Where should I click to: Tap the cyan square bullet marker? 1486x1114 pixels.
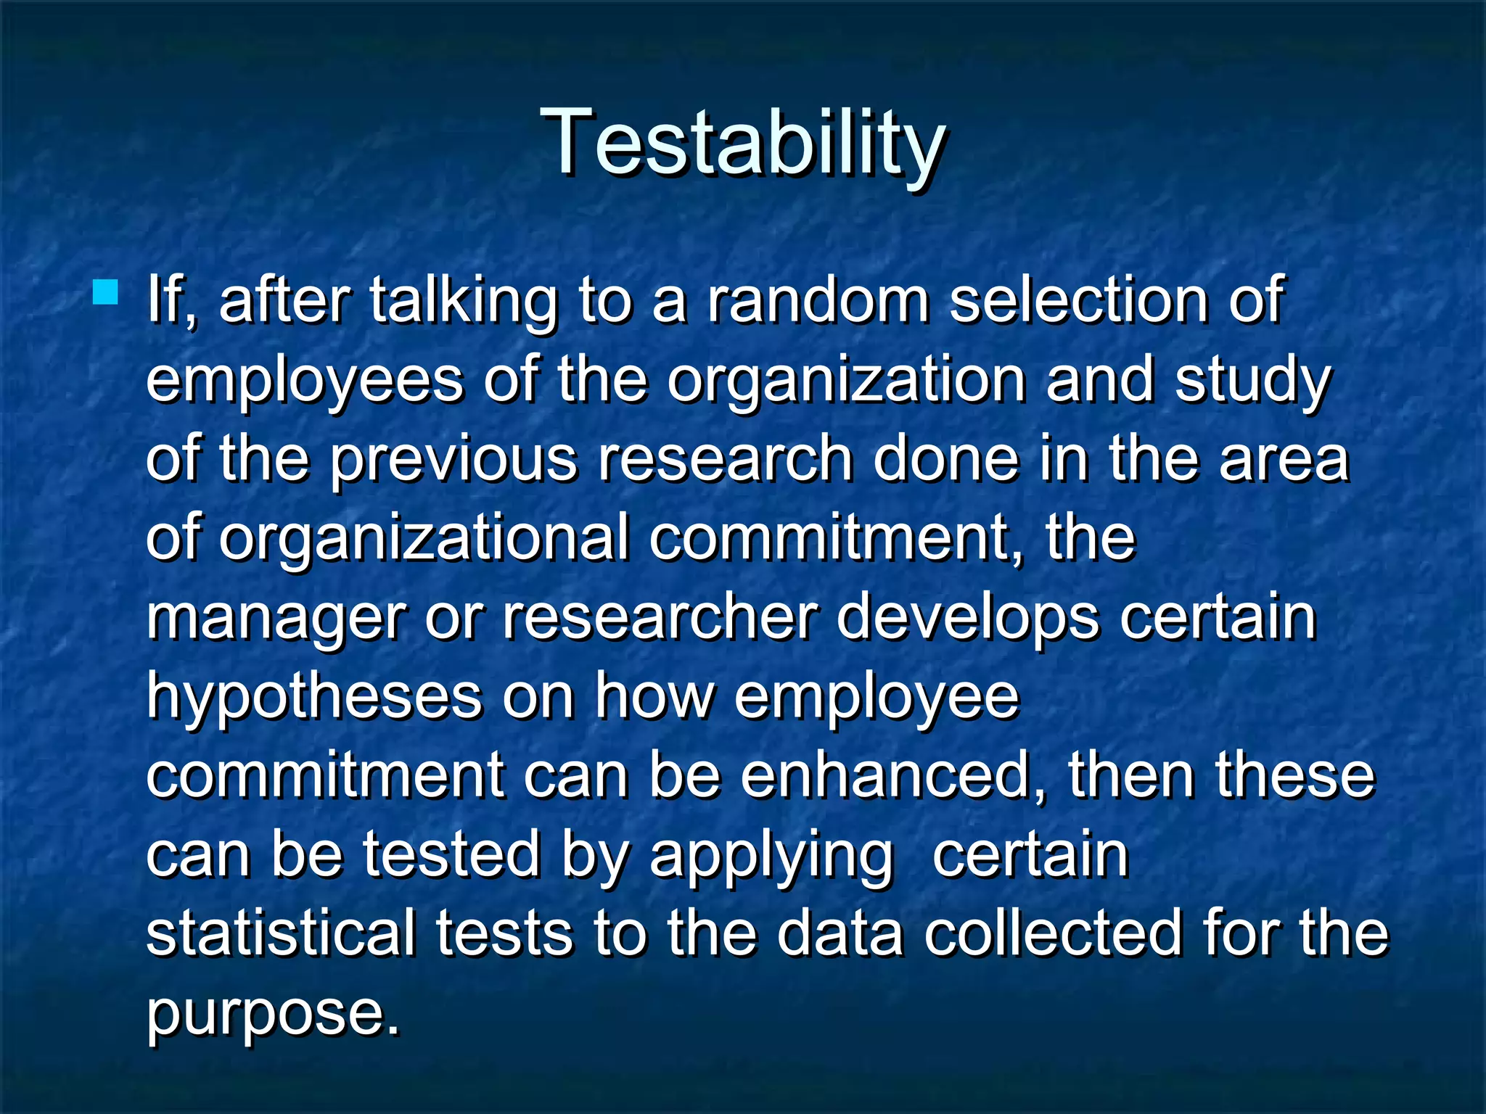(105, 293)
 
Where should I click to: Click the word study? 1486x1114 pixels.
(1252, 381)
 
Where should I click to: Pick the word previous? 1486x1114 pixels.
(454, 460)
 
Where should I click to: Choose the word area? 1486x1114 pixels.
(1284, 460)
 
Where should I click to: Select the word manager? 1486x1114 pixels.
(276, 619)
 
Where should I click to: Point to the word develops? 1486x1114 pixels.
(968, 619)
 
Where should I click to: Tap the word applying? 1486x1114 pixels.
(771, 857)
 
